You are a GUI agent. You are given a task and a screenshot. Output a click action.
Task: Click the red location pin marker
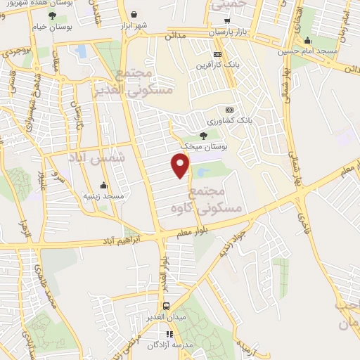(x=181, y=165)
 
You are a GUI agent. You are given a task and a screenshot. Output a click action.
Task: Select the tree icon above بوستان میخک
(x=203, y=135)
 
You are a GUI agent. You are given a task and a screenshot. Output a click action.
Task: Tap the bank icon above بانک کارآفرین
(x=218, y=54)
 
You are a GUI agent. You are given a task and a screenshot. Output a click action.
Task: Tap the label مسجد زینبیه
(x=104, y=195)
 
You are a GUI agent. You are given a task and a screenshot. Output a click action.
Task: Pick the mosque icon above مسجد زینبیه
(x=104, y=186)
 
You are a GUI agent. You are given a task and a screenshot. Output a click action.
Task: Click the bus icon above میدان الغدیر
(x=166, y=306)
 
